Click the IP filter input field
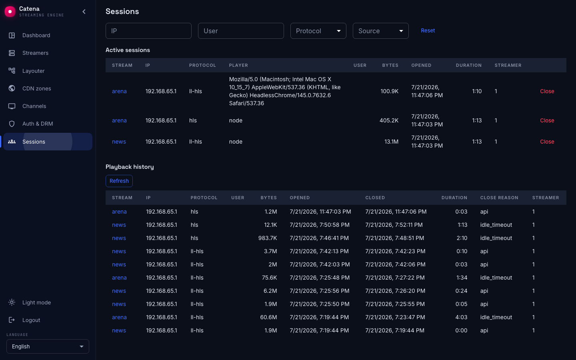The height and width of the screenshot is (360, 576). point(148,31)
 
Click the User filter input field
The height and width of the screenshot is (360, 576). point(241,31)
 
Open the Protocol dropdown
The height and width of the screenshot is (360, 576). point(318,31)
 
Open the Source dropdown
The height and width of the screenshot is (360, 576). point(380,31)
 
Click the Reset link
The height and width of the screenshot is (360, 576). point(428,30)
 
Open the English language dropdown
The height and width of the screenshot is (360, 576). point(48,346)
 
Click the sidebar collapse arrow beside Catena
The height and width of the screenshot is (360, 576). point(84,12)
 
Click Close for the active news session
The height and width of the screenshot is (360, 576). point(547,142)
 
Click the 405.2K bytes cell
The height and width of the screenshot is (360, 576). point(389,120)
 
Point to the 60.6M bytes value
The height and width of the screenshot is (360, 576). point(268,317)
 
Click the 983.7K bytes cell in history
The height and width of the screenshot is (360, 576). point(268,238)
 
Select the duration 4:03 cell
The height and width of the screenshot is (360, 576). point(461,317)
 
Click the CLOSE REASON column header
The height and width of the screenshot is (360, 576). point(499,198)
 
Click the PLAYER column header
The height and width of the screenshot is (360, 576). point(238,65)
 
